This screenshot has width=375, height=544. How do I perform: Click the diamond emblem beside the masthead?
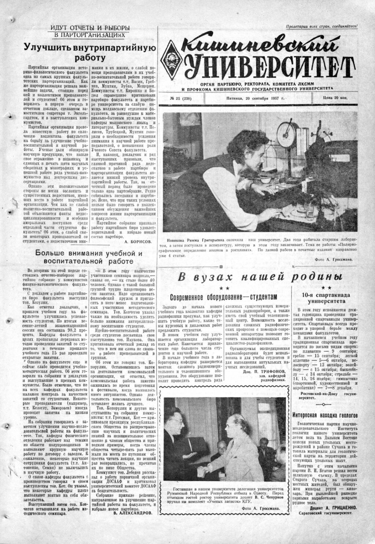click(x=172, y=59)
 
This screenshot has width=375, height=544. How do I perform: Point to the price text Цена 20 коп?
click(x=335, y=98)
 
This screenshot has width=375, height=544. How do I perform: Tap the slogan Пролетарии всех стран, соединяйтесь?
click(x=322, y=26)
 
